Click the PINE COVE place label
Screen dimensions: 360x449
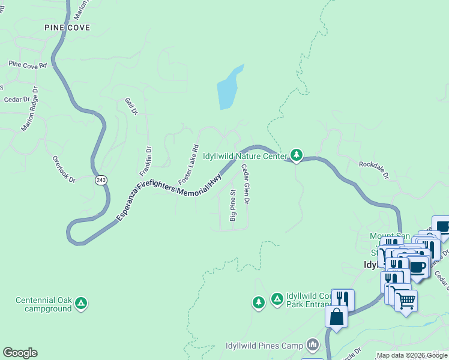coord(67,28)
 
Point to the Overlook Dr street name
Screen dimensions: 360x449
coord(64,169)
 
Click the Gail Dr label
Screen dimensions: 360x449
coord(131,107)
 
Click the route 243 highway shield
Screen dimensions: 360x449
coord(101,180)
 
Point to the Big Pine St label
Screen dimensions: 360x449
coord(233,206)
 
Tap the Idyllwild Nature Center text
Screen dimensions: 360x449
coord(244,156)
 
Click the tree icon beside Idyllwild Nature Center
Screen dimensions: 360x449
coord(296,155)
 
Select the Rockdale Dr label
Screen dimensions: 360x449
coord(374,170)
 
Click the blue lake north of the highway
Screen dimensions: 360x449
coord(229,88)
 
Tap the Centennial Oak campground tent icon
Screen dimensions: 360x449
coord(81,304)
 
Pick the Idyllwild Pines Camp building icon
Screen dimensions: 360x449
coord(312,345)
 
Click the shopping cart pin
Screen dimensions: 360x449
coord(406,300)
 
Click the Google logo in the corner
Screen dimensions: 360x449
coord(20,353)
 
